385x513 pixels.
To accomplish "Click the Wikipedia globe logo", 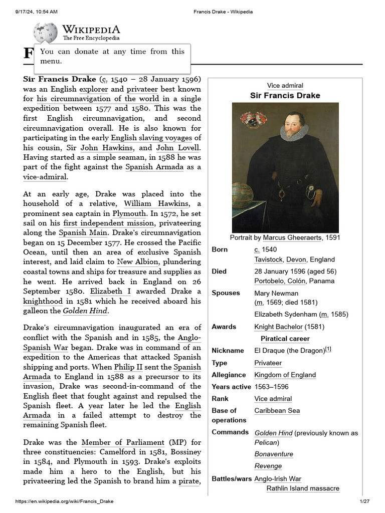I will click(45, 33).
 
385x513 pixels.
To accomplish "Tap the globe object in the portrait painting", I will click(243, 195).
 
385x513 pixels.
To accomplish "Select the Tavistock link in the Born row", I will click(268, 260).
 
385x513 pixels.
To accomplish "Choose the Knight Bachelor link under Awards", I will click(278, 327).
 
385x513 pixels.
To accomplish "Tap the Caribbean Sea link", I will click(277, 411).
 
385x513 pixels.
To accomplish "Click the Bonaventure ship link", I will click(274, 454).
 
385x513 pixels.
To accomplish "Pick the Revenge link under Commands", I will click(268, 466).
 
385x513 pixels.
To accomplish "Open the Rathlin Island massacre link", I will click(303, 488).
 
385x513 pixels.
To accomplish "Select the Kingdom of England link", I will click(285, 375).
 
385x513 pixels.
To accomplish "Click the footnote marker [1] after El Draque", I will click(328, 349).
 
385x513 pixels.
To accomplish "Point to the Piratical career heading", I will click(285, 339).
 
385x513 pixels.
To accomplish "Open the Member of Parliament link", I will click(123, 442).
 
